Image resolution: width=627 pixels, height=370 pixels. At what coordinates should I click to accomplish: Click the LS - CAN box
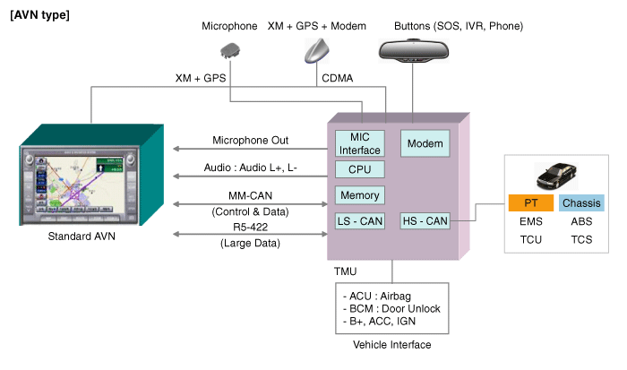359,220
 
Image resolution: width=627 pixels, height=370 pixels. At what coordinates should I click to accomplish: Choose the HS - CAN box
425,220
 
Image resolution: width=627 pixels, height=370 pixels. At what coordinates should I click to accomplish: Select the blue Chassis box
580,203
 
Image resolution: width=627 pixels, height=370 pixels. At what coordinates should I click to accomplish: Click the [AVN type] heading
39,15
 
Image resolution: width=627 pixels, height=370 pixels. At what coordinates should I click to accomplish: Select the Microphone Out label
256,141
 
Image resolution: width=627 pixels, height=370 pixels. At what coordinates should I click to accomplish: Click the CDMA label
336,79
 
